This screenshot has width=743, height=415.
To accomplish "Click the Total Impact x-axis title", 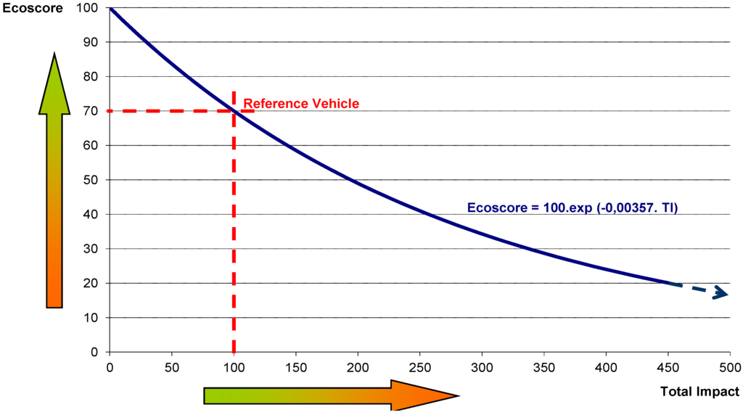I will click(699, 392).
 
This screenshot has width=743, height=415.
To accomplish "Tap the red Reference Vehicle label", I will click(301, 104).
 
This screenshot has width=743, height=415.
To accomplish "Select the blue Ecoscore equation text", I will click(572, 207).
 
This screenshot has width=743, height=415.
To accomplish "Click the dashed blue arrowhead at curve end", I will click(721, 293).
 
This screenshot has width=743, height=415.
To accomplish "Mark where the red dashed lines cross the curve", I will click(233, 110).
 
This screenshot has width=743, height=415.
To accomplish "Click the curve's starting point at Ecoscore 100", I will click(110, 8).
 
